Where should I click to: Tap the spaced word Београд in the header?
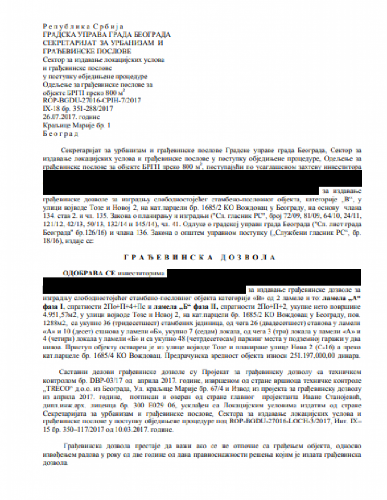(x=61, y=133)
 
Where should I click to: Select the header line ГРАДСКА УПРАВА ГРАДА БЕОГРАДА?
(x=107, y=35)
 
